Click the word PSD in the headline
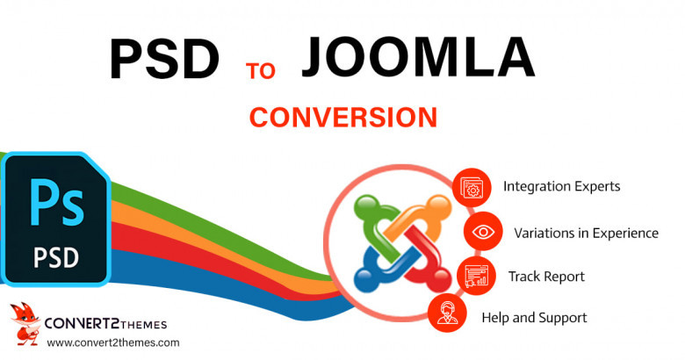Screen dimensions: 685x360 tap(164, 60)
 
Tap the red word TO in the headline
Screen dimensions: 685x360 tap(261, 71)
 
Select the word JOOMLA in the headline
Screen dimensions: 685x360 tap(418, 58)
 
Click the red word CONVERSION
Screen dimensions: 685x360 tap(343, 118)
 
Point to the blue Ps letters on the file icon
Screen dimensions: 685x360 tap(56, 203)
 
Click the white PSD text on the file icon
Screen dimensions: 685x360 tap(56, 258)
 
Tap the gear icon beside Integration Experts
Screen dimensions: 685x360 tap(472, 188)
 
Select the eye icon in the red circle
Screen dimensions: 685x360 tap(483, 232)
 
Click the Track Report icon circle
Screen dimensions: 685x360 tap(476, 276)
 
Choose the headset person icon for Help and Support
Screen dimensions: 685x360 tap(447, 313)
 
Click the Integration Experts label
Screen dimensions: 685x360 tap(562, 187)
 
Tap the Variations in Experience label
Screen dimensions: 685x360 tap(587, 234)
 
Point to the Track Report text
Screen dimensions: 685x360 tap(546, 277)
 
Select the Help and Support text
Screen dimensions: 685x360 tap(534, 318)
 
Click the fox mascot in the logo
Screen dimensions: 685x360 tap(25, 324)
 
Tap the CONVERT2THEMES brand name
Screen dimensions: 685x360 tap(105, 324)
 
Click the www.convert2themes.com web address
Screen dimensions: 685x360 tap(113, 343)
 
